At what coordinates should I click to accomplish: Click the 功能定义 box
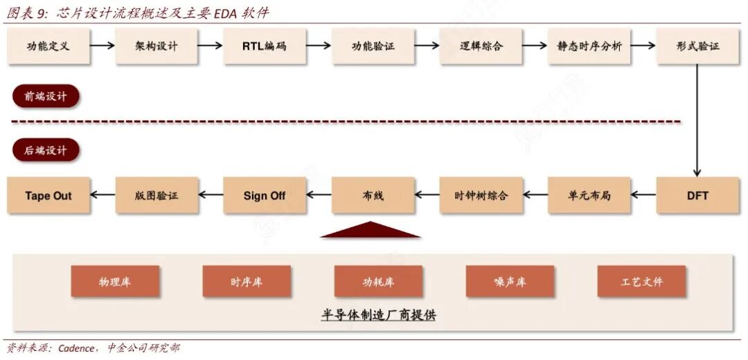(x=48, y=46)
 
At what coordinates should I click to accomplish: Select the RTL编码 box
(x=265, y=46)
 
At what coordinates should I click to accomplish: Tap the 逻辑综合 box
(x=481, y=46)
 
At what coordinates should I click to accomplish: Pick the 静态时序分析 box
(x=589, y=46)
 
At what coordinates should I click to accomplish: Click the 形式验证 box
(x=697, y=46)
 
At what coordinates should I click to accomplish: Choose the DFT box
(x=697, y=195)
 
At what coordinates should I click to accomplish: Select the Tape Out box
(x=48, y=195)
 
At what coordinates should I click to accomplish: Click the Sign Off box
(x=265, y=195)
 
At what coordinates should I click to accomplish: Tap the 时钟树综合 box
(x=481, y=195)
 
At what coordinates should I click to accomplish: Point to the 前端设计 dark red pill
(x=46, y=96)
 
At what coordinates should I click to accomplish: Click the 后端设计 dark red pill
(x=46, y=150)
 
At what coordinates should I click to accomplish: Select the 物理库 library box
(x=115, y=282)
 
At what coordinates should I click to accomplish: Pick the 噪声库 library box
(x=510, y=282)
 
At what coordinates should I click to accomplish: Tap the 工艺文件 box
(x=641, y=282)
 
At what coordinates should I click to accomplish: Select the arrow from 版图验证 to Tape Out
(x=103, y=195)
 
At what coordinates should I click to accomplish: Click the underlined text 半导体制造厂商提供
(x=379, y=315)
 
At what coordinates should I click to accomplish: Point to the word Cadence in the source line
(x=76, y=348)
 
